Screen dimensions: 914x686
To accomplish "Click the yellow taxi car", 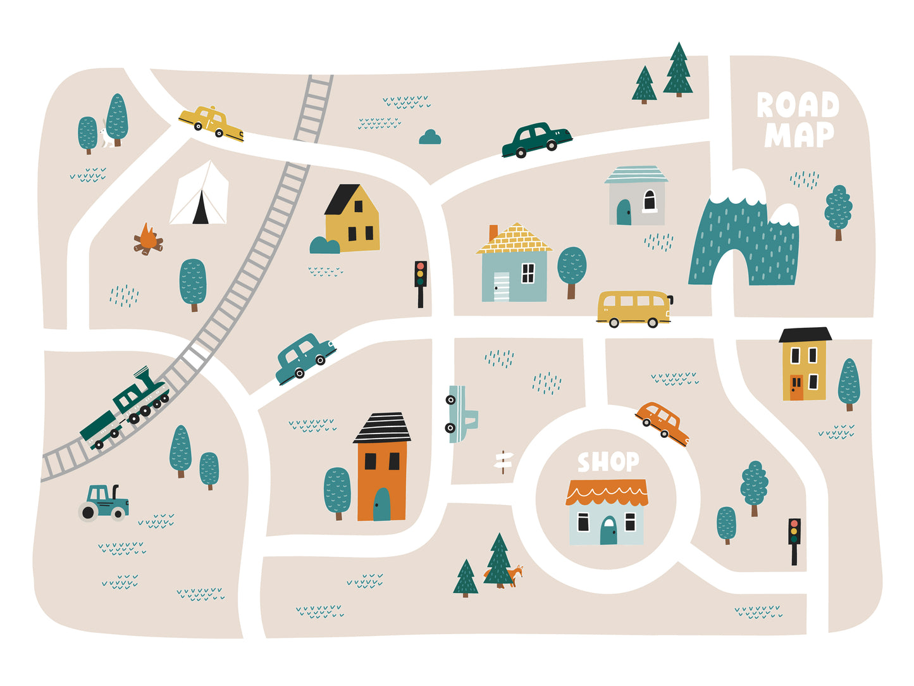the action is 211,122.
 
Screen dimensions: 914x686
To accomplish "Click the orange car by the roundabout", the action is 662,423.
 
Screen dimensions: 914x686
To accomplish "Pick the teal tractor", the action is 104,503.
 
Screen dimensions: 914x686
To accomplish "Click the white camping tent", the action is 199,195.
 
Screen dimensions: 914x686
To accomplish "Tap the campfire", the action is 148,240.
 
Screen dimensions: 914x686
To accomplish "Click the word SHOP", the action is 608,462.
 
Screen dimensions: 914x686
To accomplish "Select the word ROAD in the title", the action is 798,105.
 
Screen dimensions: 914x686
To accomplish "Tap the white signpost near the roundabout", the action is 503,461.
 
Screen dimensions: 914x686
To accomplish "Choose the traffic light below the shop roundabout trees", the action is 794,539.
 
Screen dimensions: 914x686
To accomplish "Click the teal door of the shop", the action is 608,531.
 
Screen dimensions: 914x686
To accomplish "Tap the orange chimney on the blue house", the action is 493,232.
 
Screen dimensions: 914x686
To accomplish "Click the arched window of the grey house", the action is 649,201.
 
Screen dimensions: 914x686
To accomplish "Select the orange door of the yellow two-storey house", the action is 796,387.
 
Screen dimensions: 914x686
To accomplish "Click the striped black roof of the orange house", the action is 382,428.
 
